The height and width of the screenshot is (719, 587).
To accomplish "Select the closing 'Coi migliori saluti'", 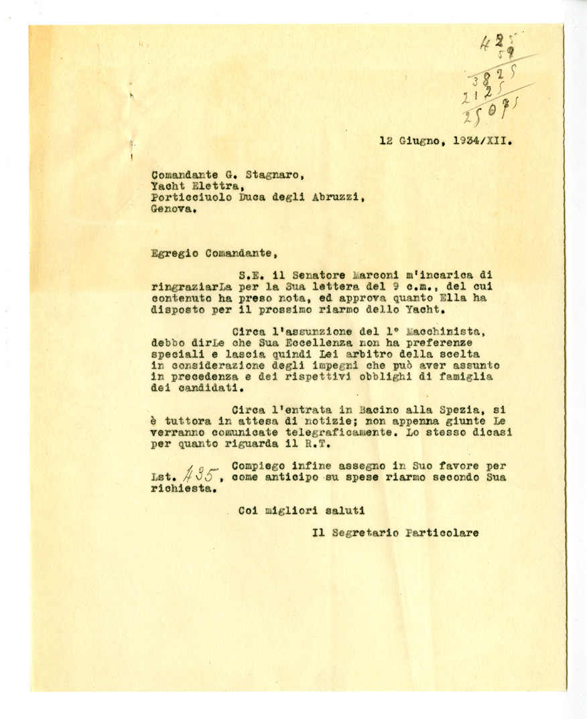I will tap(302, 511).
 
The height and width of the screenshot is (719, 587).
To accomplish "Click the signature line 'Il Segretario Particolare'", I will tap(395, 533).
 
